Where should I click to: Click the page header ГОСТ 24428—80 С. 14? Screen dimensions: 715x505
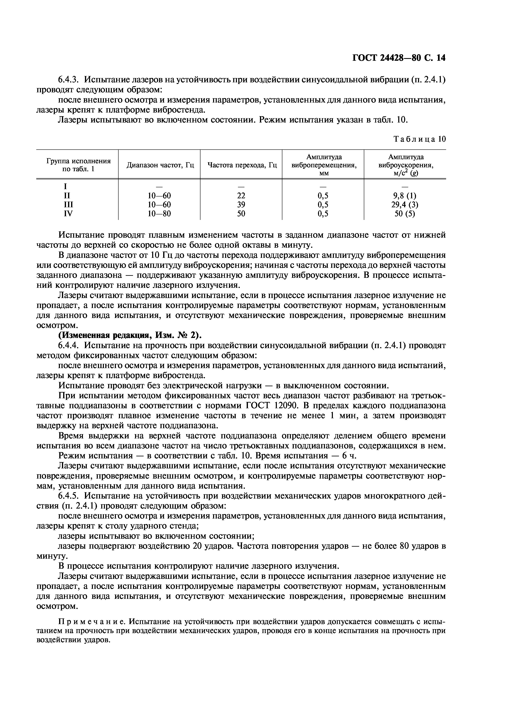tap(399, 58)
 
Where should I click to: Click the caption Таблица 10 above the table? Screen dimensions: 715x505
tap(420, 139)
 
